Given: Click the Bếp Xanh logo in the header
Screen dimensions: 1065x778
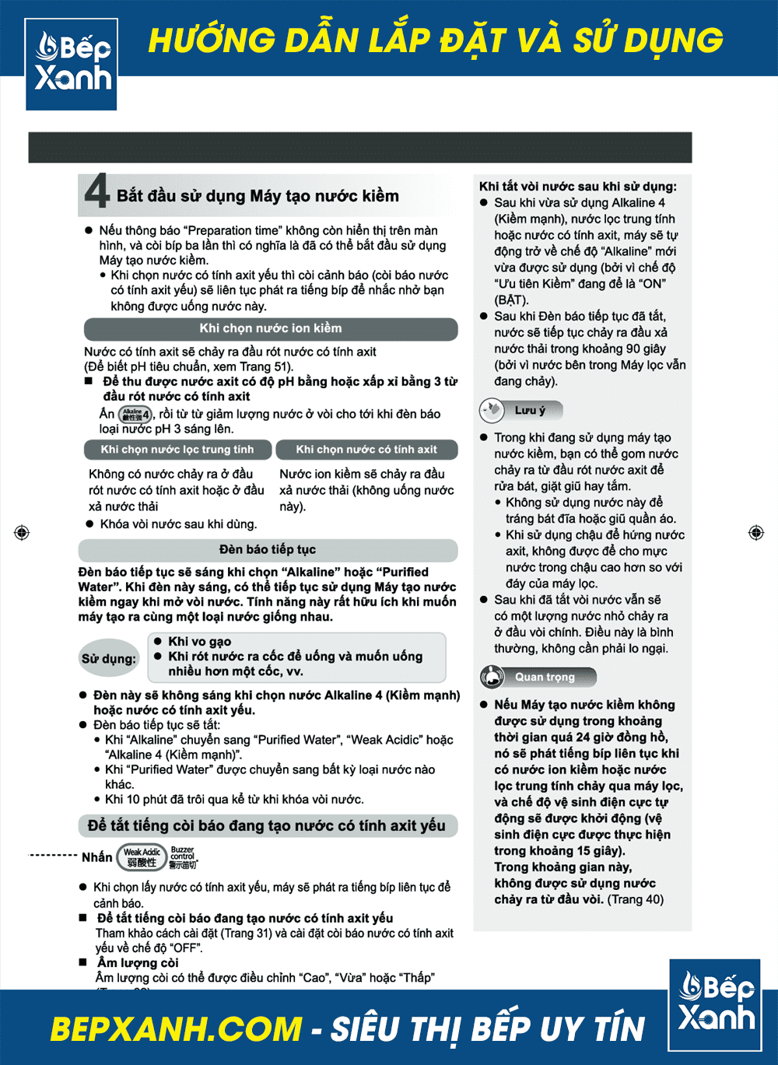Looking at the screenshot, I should pos(72,63).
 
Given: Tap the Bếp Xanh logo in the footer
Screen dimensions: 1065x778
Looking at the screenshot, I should pos(715,1004).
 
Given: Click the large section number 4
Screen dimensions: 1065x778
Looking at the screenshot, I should pos(97,191).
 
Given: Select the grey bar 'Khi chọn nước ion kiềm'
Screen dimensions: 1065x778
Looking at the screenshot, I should pos(270,329).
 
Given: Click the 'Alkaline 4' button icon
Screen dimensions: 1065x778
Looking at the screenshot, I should pos(135,415).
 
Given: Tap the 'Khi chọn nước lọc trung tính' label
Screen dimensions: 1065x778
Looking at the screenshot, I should pos(177,450).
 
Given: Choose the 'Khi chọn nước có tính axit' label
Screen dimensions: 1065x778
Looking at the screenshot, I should pos(366,450).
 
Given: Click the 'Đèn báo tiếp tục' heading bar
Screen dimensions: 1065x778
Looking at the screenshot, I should pos(267,550).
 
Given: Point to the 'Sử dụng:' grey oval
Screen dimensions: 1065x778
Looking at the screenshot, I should pos(109,659).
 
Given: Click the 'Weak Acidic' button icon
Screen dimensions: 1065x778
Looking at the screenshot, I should pos(142,857).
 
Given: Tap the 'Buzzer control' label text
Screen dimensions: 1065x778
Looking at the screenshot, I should pos(183,857).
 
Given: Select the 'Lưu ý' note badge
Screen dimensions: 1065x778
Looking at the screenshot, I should pos(520,410).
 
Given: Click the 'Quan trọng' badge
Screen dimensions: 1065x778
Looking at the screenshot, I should pos(538,677).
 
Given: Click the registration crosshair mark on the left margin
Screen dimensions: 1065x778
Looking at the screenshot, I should pos(22,533).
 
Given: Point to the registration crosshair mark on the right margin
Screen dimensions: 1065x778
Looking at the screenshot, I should pos(755,533).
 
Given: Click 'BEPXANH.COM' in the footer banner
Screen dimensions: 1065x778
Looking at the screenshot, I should pos(176,1029).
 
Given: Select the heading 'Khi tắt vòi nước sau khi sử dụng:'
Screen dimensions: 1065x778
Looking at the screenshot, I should pos(578,187).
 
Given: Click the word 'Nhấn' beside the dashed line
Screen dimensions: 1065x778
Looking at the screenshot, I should pos(97,857).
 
